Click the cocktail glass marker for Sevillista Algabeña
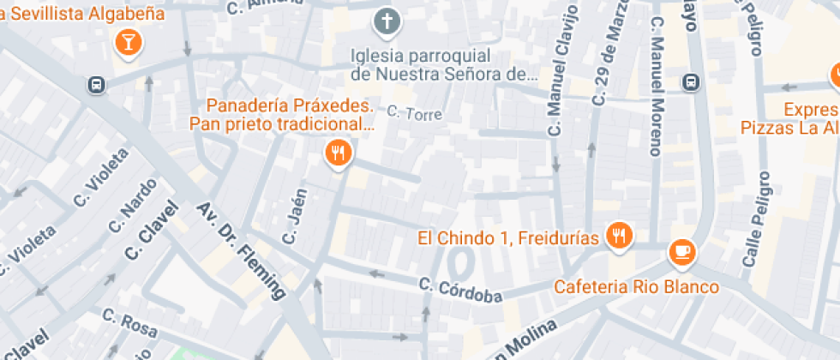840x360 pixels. (128, 41)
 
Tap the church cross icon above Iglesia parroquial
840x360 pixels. (387, 21)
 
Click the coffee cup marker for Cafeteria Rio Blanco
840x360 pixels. (682, 250)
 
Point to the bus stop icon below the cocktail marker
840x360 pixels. (96, 84)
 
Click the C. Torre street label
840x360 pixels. (415, 113)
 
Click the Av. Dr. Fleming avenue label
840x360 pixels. (242, 249)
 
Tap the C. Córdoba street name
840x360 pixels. (460, 291)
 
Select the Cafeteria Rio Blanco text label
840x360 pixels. (636, 286)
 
